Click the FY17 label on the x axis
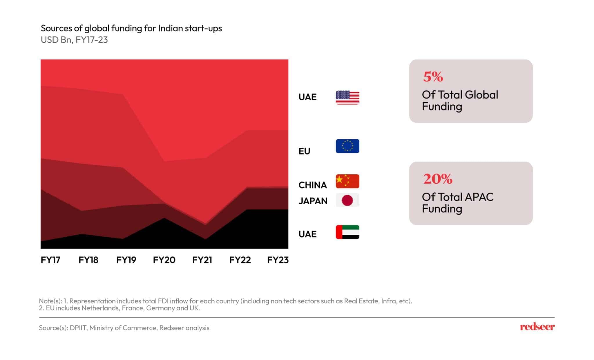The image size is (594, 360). tap(50, 260)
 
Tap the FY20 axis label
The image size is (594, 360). tap(164, 260)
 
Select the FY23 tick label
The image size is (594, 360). tap(278, 260)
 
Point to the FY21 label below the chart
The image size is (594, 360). tap(202, 260)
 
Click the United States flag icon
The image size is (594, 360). tap(347, 97)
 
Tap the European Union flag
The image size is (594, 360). tap(347, 146)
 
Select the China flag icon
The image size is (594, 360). tap(347, 181)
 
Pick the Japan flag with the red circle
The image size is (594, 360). tap(347, 200)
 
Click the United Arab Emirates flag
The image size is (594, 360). tap(347, 232)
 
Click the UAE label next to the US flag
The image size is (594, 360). tap(307, 97)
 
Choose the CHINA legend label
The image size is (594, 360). tap(313, 185)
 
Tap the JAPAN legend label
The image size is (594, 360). tap(313, 201)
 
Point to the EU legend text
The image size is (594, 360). tap(304, 151)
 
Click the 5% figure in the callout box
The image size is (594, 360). tap(433, 77)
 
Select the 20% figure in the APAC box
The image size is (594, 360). tap(438, 179)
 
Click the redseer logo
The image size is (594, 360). tap(537, 327)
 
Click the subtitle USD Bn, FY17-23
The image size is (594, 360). tap(74, 40)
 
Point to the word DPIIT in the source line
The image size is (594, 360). tap(78, 328)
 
